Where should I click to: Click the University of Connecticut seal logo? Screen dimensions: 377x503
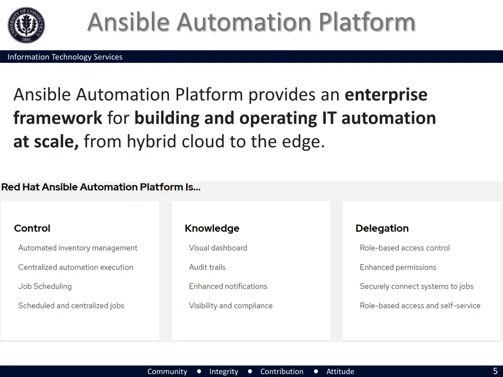coord(26,26)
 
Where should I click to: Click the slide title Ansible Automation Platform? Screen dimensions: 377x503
coord(251,22)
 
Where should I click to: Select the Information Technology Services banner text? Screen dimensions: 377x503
coord(65,57)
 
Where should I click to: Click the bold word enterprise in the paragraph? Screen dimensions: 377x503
coord(386,94)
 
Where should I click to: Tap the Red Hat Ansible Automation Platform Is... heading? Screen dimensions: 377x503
coord(101,187)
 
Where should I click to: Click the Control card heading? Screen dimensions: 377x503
coord(32,228)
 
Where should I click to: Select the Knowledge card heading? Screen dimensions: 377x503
coord(212,228)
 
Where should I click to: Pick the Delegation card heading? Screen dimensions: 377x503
coord(382,228)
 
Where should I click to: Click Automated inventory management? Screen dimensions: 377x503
coord(78,248)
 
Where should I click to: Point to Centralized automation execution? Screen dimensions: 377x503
coord(76,267)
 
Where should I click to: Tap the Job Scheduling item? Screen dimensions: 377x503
coord(45,286)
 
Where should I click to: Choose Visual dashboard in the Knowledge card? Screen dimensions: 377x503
coord(218,248)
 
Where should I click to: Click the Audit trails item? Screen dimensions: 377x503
coord(207,267)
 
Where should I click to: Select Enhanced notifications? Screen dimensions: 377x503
coord(228,286)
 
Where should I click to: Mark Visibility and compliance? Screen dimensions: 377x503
coord(230,305)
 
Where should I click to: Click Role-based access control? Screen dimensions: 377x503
coord(404,248)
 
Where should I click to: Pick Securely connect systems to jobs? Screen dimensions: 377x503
coord(416,286)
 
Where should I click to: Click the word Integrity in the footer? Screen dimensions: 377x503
coord(224,372)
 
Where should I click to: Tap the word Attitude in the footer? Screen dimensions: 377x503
coord(340,372)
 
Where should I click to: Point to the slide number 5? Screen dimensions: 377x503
coord(495,371)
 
